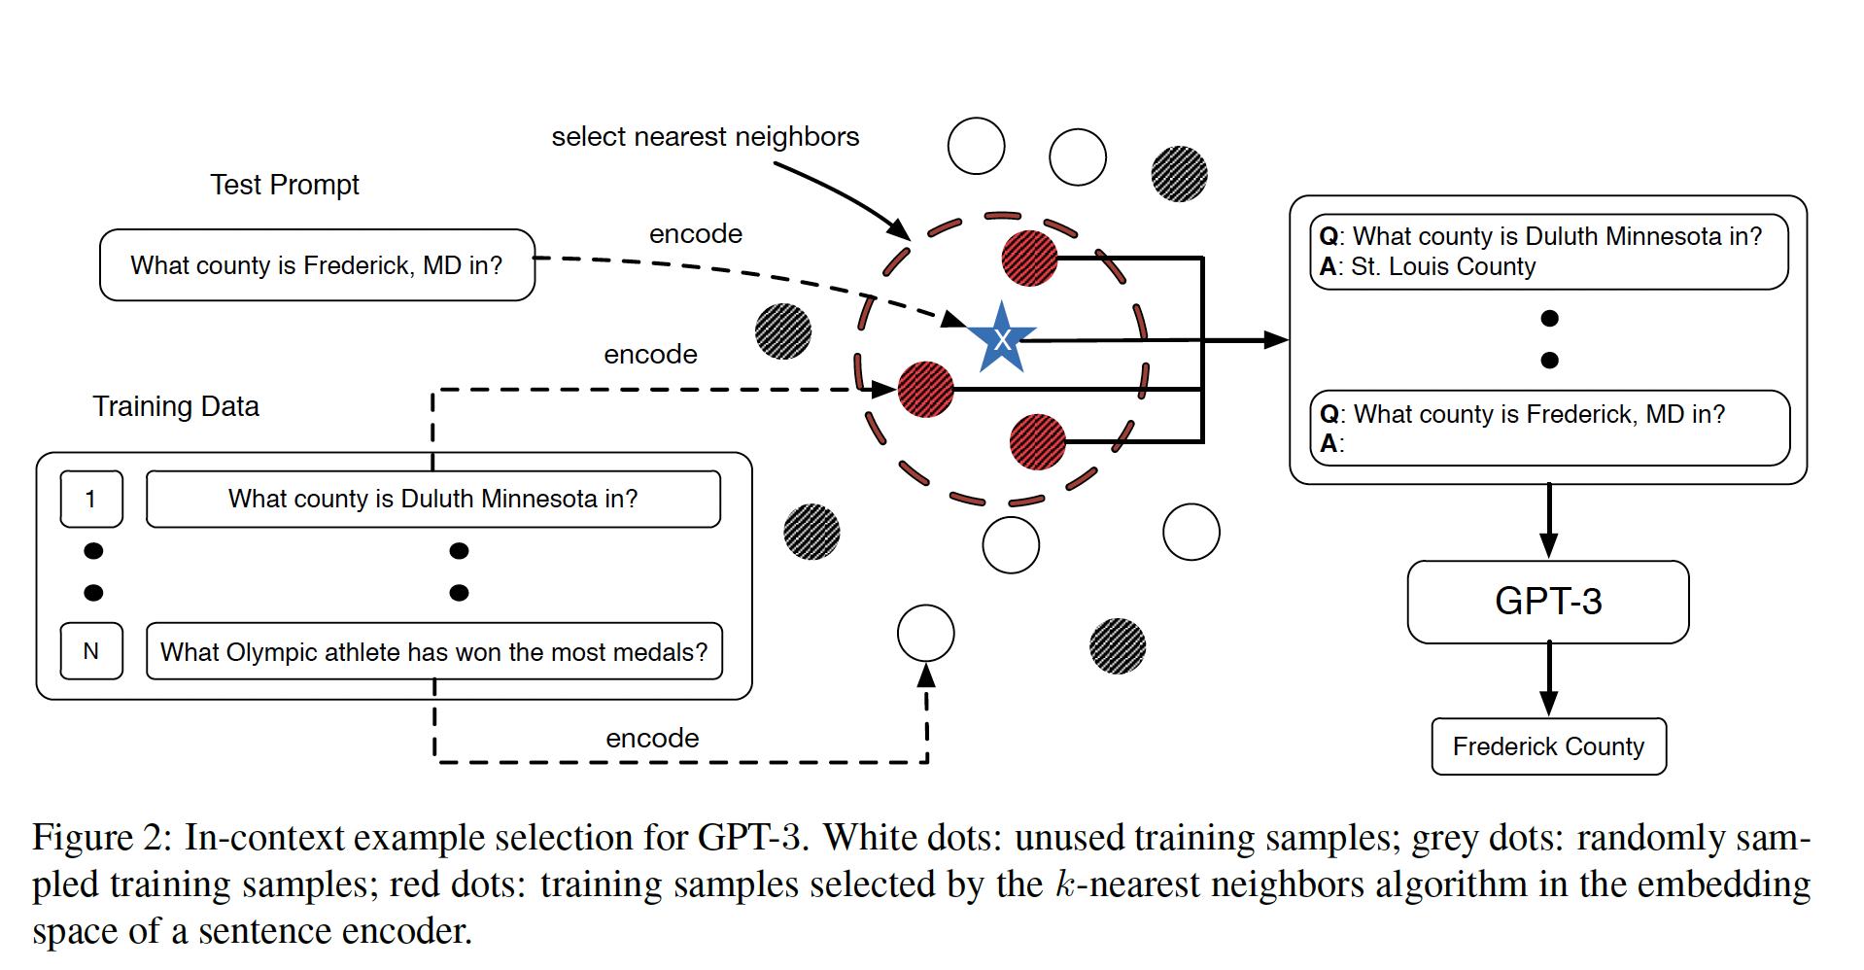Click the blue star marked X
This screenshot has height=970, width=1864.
click(x=1001, y=339)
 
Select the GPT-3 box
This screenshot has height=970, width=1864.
click(x=1547, y=602)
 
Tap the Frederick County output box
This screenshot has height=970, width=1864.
click(x=1548, y=746)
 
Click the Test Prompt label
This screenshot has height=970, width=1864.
click(x=285, y=185)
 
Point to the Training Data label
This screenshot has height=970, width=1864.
click(x=176, y=406)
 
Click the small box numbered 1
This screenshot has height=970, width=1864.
click(x=91, y=500)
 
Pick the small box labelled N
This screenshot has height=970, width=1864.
click(x=91, y=651)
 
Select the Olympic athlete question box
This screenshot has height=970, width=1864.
click(x=433, y=651)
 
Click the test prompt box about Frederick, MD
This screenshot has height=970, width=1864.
click(x=317, y=265)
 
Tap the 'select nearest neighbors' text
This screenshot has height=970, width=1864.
click(x=705, y=137)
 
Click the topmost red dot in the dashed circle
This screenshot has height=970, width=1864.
click(x=1029, y=259)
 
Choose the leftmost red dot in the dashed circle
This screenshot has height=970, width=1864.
click(x=925, y=390)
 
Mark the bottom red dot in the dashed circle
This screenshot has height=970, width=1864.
click(x=1037, y=442)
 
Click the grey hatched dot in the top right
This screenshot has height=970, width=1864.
click(x=1179, y=174)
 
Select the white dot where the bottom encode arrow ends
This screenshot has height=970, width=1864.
click(x=925, y=633)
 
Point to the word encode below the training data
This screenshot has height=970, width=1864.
click(x=652, y=739)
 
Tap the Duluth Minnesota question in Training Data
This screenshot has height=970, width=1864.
click(x=432, y=500)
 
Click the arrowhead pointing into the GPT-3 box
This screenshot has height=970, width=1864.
click(x=1549, y=545)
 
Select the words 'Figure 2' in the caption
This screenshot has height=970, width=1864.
click(x=102, y=838)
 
